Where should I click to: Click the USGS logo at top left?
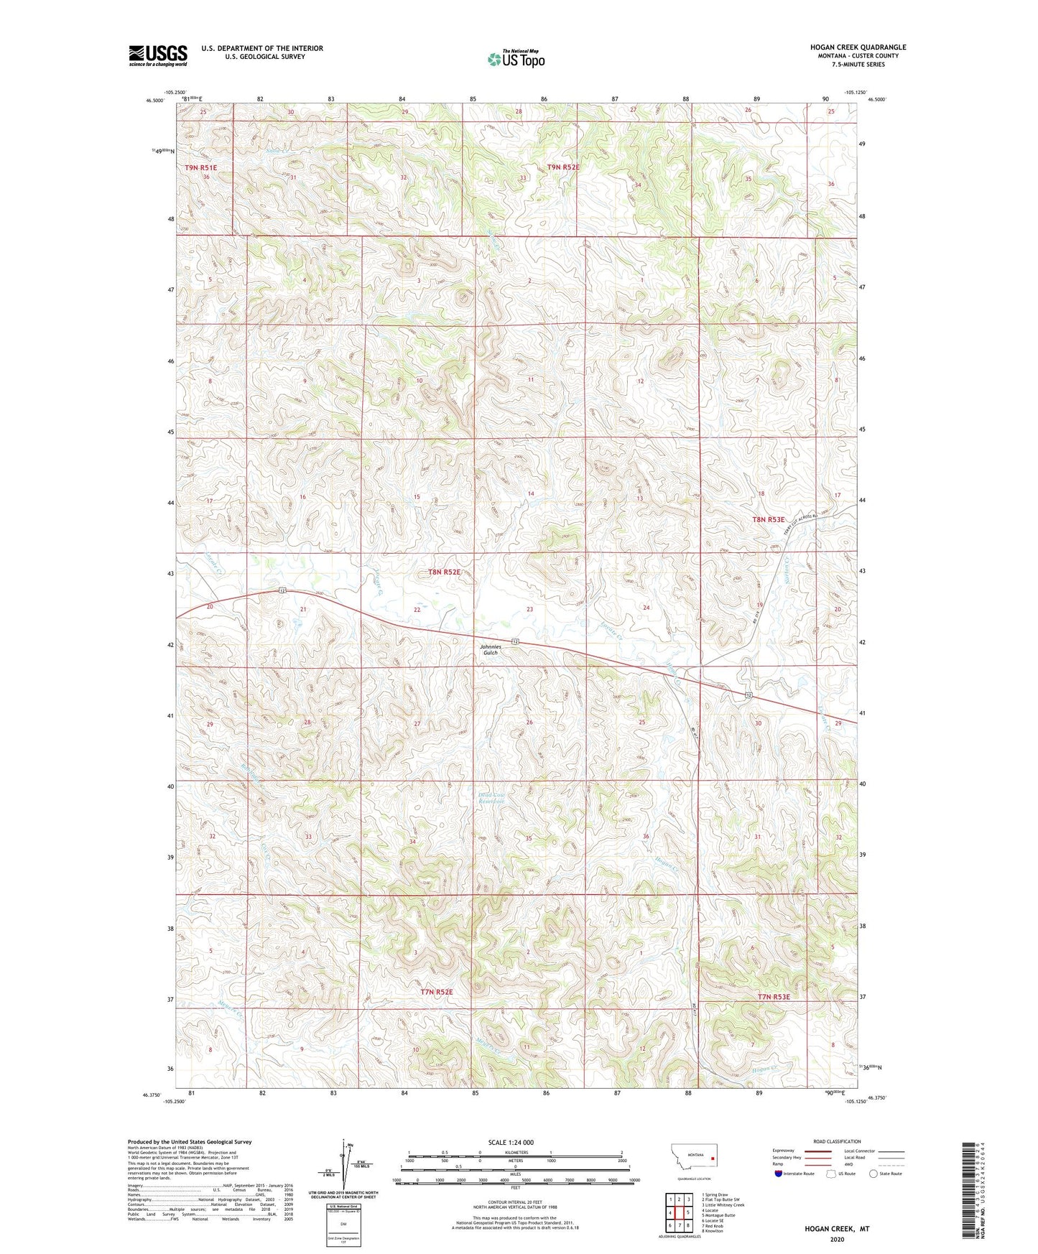[158, 55]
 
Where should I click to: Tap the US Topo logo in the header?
[516, 59]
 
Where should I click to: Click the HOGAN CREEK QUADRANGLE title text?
[858, 47]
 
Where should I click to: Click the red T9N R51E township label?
[200, 167]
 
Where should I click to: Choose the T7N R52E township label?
[437, 991]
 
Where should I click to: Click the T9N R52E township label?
[562, 167]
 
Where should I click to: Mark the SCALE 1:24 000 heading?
[511, 1142]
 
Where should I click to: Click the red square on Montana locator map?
[712, 1158]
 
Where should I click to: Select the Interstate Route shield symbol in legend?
[779, 1174]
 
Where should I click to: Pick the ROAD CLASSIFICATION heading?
[838, 1141]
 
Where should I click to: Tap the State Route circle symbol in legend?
[874, 1174]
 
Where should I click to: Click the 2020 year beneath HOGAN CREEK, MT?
[837, 1239]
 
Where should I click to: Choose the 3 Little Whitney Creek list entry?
[723, 1205]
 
